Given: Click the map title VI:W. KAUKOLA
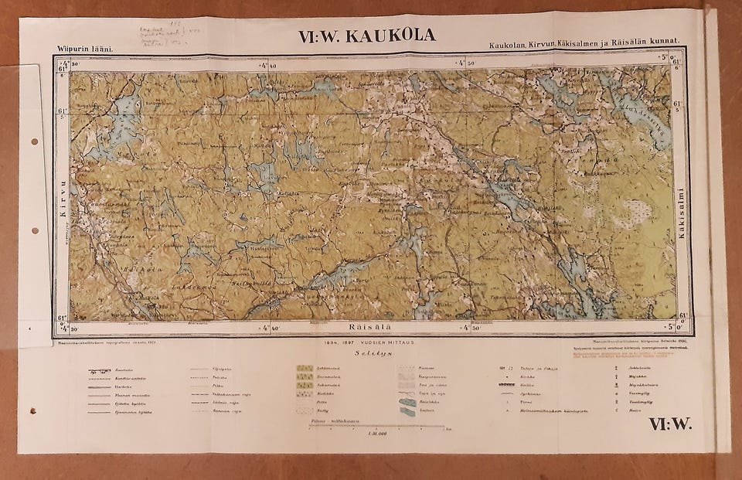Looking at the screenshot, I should tap(366, 36).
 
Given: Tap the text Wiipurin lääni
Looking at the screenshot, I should tap(85, 49).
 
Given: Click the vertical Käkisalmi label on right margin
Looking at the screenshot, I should tap(681, 213).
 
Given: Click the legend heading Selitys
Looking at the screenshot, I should tap(369, 352).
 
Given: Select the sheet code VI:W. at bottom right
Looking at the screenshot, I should tap(669, 423).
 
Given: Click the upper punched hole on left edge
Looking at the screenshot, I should tap(35, 143).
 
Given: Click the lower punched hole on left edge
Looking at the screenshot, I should tap(35, 230).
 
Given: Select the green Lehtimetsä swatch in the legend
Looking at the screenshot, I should tap(305, 369).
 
